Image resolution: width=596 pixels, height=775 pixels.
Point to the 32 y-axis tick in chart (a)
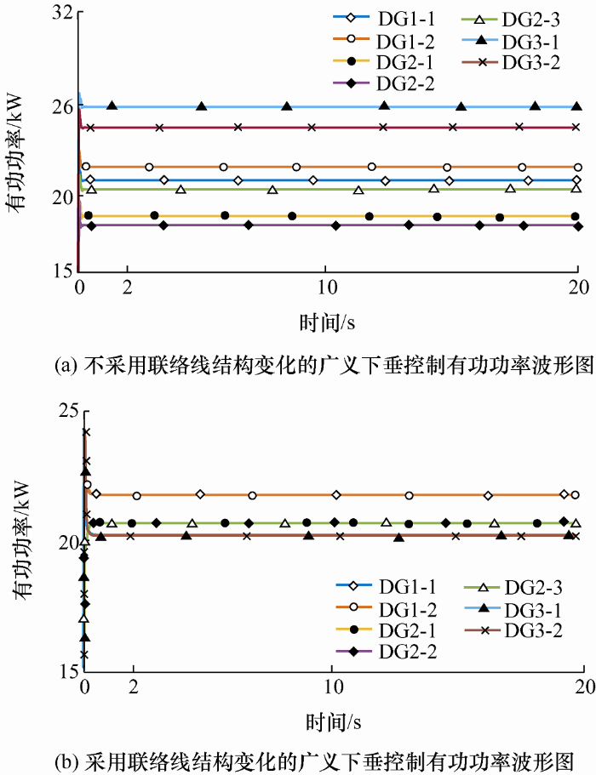pyautogui.click(x=60, y=15)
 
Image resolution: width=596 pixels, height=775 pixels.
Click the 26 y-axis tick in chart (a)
pyautogui.click(x=60, y=108)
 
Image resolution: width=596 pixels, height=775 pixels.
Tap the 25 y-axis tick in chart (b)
pyautogui.click(x=67, y=411)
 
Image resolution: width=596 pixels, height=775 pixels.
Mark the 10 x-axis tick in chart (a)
pyautogui.click(x=326, y=287)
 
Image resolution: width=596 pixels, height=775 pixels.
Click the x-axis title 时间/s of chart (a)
pyautogui.click(x=326, y=322)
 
